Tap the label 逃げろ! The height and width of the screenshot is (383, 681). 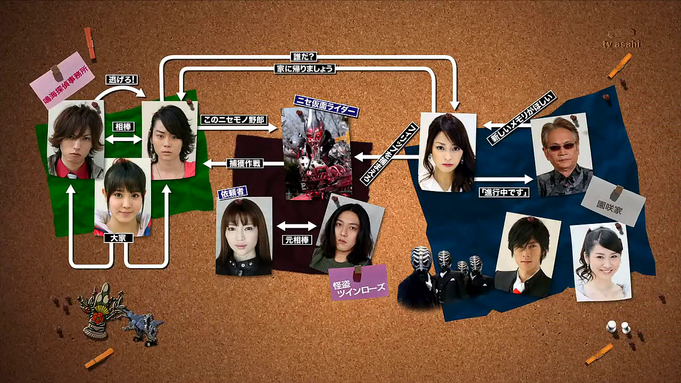pyautogui.click(x=122, y=79)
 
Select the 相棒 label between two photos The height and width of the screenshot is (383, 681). pyautogui.click(x=123, y=127)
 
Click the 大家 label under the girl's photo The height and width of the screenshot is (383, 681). pyautogui.click(x=118, y=238)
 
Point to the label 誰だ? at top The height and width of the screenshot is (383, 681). pyautogui.click(x=305, y=56)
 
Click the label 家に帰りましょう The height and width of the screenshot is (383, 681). pyautogui.click(x=305, y=69)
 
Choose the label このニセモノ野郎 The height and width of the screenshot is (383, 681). pyautogui.click(x=232, y=120)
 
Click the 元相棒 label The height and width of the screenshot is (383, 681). pyautogui.click(x=296, y=239)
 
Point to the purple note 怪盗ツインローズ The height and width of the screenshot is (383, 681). pyautogui.click(x=358, y=282)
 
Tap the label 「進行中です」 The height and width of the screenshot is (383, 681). pyautogui.click(x=503, y=192)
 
